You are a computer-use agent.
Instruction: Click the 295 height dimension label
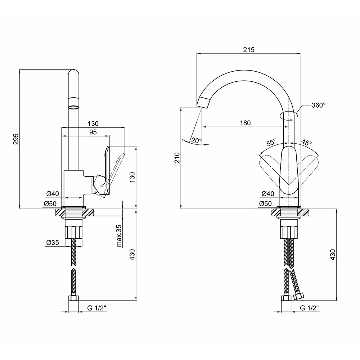pyautogui.click(x=16, y=139)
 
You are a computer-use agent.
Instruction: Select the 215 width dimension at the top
pyautogui.click(x=249, y=50)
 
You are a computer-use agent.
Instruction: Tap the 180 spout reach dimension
pyautogui.click(x=245, y=123)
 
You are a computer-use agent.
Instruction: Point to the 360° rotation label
pyautogui.click(x=319, y=105)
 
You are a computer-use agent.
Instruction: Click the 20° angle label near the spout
pyautogui.click(x=196, y=140)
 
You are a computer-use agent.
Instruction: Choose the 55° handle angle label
pyautogui.click(x=271, y=142)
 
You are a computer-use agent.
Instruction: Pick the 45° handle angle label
pyautogui.click(x=306, y=142)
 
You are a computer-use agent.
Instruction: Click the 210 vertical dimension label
pyautogui.click(x=177, y=158)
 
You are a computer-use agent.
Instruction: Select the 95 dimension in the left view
pyautogui.click(x=93, y=132)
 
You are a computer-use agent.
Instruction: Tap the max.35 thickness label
pyautogui.click(x=119, y=235)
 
